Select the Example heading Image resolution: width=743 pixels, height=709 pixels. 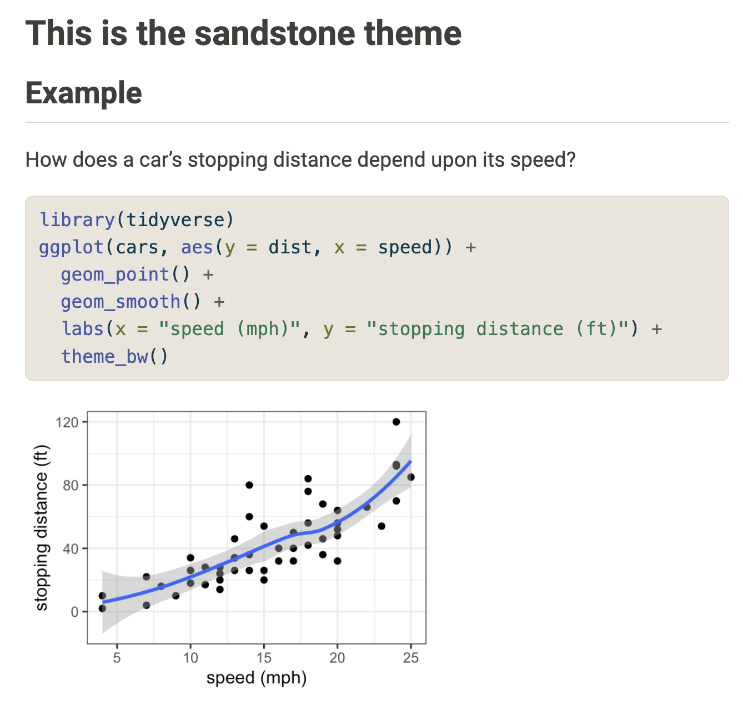[83, 93]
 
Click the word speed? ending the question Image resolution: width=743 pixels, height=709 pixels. [543, 160]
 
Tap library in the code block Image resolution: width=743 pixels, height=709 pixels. [77, 219]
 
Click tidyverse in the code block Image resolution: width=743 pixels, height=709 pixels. [175, 219]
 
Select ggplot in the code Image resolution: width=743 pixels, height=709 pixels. [72, 248]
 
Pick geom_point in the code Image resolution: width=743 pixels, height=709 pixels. [115, 274]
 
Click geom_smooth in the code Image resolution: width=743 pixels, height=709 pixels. [121, 302]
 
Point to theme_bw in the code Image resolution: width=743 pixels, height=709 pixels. [104, 356]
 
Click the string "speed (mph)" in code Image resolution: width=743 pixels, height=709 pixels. [229, 328]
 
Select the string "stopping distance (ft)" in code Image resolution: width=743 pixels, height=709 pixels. [498, 328]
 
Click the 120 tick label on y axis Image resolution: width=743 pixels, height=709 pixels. [67, 422]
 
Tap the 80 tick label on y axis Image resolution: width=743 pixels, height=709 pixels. [71, 485]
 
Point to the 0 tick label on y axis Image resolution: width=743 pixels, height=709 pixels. [74, 612]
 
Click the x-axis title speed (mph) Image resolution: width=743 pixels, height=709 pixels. [257, 678]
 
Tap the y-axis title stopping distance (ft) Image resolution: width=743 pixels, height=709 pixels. [41, 528]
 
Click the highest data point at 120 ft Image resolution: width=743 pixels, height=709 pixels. [396, 422]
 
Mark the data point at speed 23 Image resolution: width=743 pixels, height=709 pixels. [381, 526]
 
